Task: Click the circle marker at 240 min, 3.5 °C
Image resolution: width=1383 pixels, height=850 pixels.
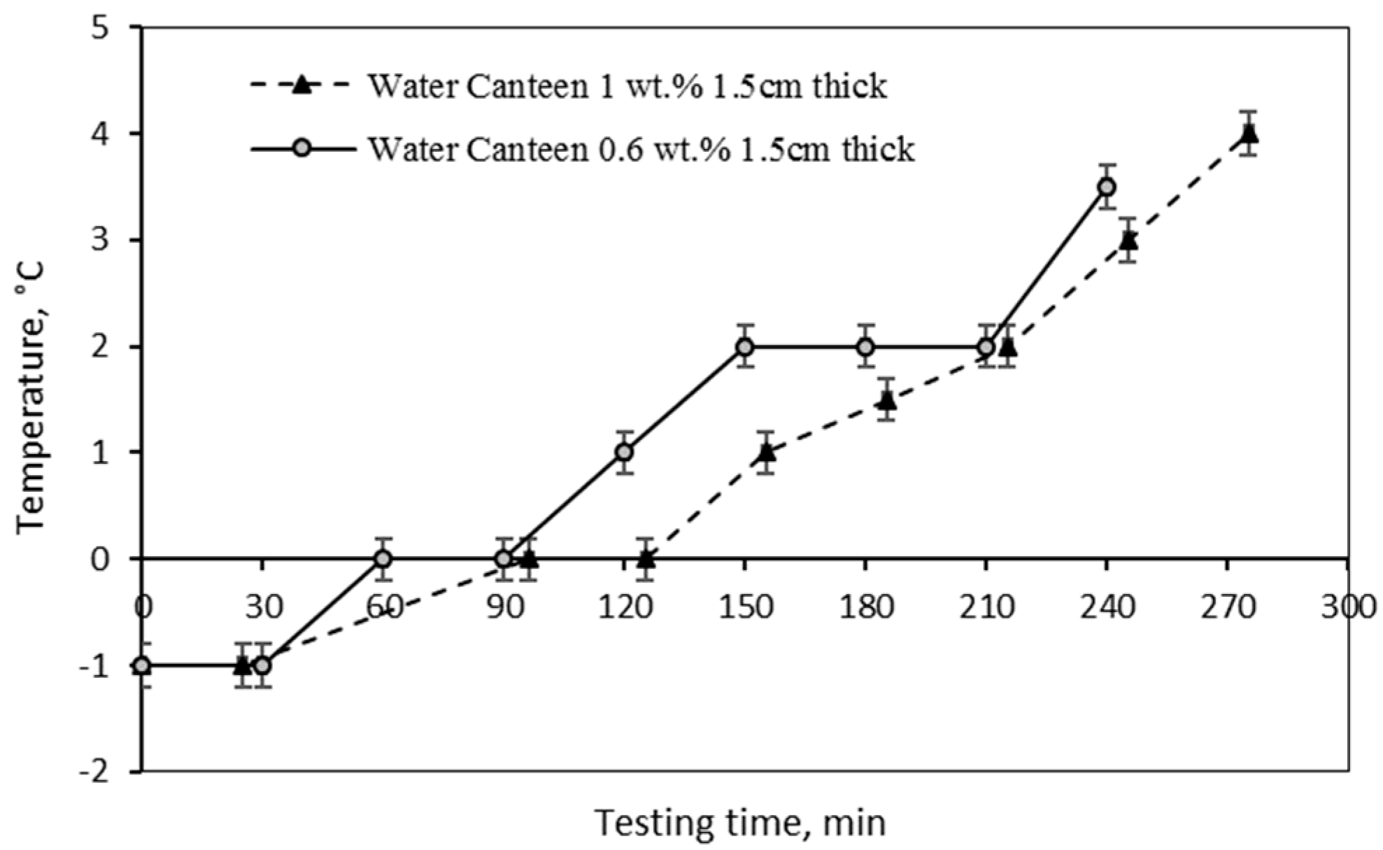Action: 1106,187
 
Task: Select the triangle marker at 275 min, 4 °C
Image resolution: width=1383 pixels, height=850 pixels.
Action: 1249,133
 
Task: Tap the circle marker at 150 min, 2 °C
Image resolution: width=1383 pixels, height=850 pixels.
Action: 745,346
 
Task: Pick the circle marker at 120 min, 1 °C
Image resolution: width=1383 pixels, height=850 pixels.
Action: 624,452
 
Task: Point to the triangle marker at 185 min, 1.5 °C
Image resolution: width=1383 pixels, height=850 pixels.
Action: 887,400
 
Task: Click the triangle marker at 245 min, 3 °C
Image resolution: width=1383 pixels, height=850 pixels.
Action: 1128,240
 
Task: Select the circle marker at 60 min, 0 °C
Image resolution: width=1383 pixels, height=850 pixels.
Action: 383,558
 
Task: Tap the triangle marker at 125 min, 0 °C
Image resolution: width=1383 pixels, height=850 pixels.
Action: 646,558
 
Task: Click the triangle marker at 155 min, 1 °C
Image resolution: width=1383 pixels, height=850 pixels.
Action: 767,452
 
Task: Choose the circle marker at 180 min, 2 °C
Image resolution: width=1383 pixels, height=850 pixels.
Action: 865,346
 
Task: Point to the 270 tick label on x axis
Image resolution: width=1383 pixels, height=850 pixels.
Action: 1228,607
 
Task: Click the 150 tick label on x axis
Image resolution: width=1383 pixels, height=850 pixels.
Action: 745,607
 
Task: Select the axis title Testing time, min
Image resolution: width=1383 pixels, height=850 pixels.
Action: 740,823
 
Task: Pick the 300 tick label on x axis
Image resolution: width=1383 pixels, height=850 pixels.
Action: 1349,607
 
